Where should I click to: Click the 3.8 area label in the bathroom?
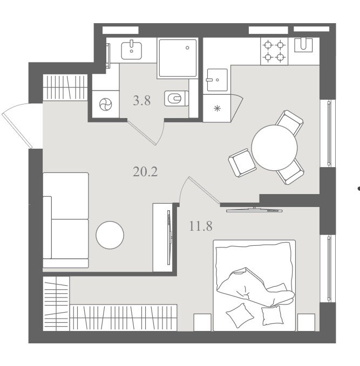coord(141,101)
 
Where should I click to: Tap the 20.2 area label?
coord(145,172)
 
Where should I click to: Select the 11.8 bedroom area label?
coord(201,226)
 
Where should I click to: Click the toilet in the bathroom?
coord(176,98)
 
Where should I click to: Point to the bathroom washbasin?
coord(131,50)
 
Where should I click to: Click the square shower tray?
coord(178,58)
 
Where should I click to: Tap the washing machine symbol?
coord(105,105)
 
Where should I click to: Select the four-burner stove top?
coord(274,51)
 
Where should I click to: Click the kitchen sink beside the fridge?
coord(217,80)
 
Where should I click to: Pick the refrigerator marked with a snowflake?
coord(217,108)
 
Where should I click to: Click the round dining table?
coord(274,148)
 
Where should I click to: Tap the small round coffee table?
coord(110,235)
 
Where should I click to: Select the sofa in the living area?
coord(66,220)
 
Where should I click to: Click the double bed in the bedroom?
coord(254,285)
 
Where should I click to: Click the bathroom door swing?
coord(145,133)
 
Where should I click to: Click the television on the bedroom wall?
coord(254,210)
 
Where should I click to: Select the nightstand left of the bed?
coord(202,322)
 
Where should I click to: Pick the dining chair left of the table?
coord(242,163)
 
